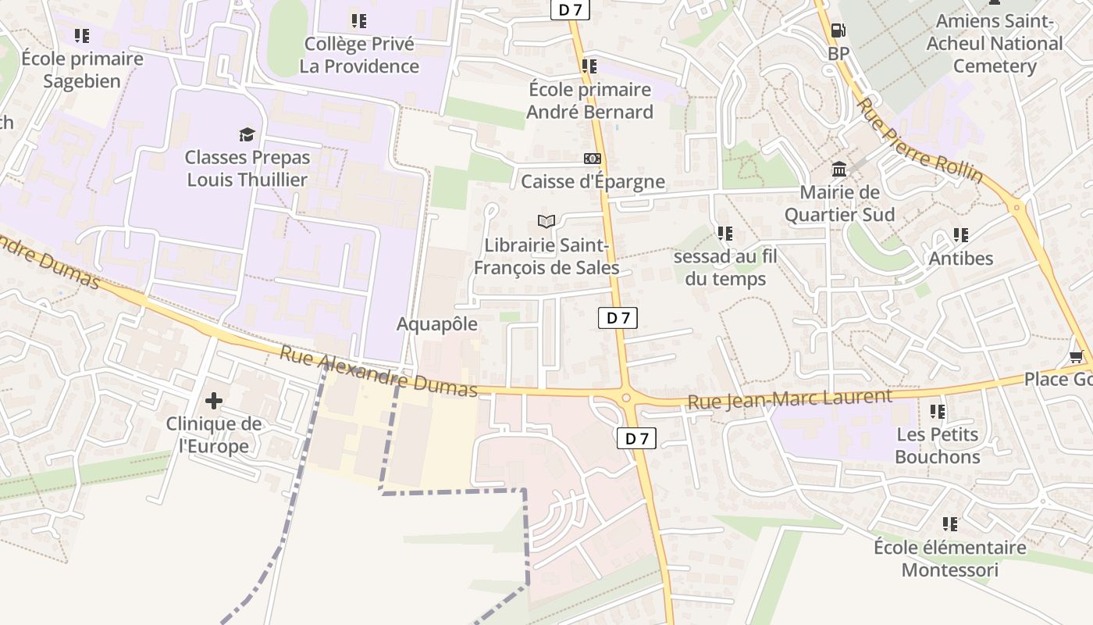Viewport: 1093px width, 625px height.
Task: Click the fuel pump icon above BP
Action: pyautogui.click(x=838, y=30)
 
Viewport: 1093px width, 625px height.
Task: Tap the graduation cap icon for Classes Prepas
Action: pyautogui.click(x=247, y=134)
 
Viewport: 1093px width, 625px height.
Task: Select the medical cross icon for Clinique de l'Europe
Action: pyautogui.click(x=213, y=402)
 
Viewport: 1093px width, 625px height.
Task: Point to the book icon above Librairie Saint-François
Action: pyautogui.click(x=546, y=222)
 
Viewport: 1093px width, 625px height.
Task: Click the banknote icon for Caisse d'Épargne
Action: pyautogui.click(x=593, y=159)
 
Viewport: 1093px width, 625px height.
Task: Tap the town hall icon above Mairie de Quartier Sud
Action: pyautogui.click(x=839, y=169)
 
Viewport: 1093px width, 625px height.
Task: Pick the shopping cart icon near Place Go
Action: pyautogui.click(x=1076, y=357)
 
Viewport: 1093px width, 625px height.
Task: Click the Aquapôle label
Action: pyautogui.click(x=437, y=323)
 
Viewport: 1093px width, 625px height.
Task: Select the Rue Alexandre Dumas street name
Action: pyautogui.click(x=379, y=372)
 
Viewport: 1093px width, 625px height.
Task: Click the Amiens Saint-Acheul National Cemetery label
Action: pyautogui.click(x=994, y=44)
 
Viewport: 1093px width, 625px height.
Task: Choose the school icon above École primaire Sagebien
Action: pyautogui.click(x=82, y=35)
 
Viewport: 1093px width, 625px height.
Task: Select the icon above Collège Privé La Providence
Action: pyautogui.click(x=358, y=20)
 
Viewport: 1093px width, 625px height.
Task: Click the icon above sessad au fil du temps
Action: pyautogui.click(x=725, y=233)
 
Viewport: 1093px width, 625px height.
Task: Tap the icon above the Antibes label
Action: pyautogui.click(x=960, y=234)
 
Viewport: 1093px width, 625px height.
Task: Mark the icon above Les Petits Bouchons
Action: pyautogui.click(x=937, y=411)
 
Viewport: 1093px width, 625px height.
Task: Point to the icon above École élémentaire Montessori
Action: pyautogui.click(x=949, y=523)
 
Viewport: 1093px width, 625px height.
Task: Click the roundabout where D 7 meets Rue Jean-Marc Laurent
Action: pyautogui.click(x=626, y=398)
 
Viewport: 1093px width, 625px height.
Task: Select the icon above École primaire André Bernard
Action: pyautogui.click(x=589, y=66)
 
